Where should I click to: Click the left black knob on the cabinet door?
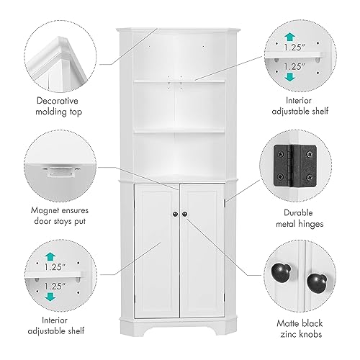tap(175, 214)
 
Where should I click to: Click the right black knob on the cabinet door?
tap(184, 214)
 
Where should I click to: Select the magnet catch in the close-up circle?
tap(60, 171)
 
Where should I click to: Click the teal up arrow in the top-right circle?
tap(290, 37)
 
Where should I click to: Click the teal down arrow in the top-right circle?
tap(290, 77)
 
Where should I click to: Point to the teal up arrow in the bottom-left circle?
tap(50, 256)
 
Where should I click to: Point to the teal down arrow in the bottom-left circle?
tap(50, 297)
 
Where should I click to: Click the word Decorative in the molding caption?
tap(58, 101)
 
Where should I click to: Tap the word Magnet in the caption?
tap(45, 210)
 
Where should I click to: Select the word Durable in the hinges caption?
tap(298, 213)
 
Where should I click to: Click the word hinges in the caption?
tap(312, 224)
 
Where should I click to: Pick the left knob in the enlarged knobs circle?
tap(281, 271)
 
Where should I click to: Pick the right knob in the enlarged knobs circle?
tap(317, 283)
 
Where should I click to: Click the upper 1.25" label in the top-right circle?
tap(294, 48)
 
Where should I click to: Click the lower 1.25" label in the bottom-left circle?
tap(55, 287)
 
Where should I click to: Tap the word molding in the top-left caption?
tap(50, 112)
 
